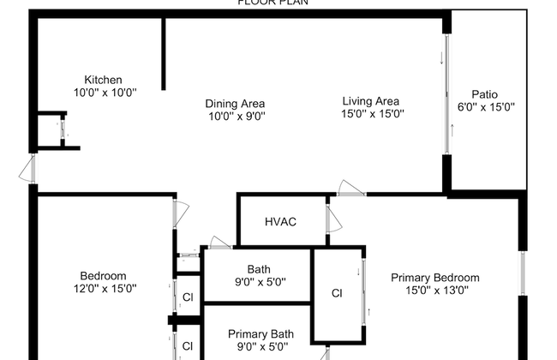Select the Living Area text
click(x=373, y=100)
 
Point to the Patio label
click(x=484, y=95)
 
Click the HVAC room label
click(x=280, y=222)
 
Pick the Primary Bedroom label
click(x=435, y=278)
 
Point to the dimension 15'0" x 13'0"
click(x=435, y=290)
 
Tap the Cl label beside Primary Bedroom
click(x=337, y=293)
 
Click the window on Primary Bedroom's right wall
click(x=521, y=274)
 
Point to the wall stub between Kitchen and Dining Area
click(x=164, y=53)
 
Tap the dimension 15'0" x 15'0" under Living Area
click(x=373, y=112)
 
